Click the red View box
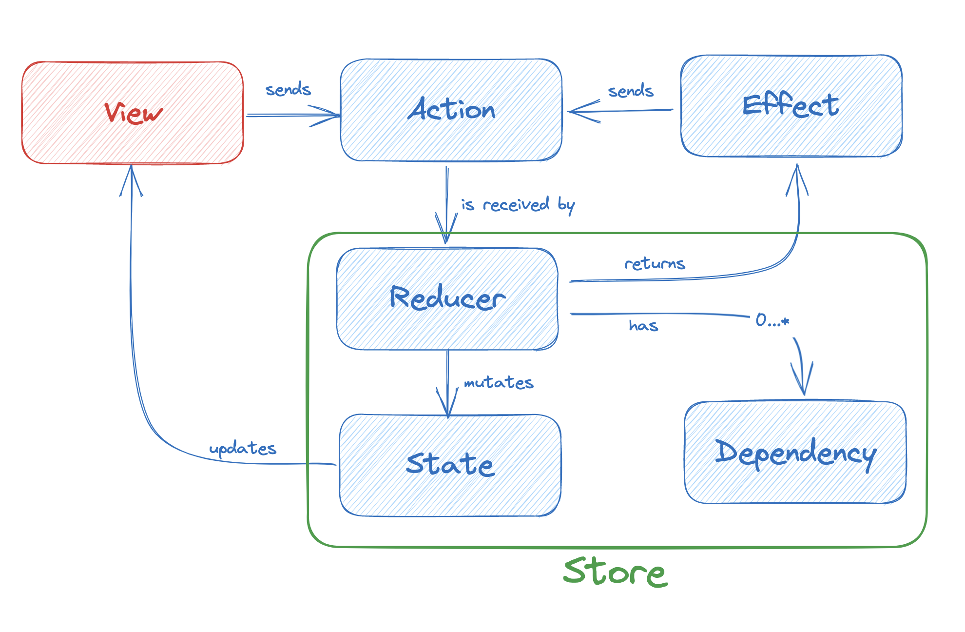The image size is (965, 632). [x=133, y=113]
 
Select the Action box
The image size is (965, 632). [x=451, y=110]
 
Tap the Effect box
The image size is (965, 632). [x=791, y=106]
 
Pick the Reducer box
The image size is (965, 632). [x=447, y=298]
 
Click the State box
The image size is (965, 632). [x=450, y=465]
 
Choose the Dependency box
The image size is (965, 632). [x=795, y=453]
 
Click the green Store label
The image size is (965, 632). [x=615, y=572]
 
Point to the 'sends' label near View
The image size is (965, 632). [x=288, y=90]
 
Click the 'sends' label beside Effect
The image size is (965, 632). [x=631, y=91]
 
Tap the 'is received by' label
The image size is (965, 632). [x=518, y=205]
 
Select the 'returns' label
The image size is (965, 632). [x=655, y=264]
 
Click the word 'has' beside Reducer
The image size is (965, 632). [x=643, y=325]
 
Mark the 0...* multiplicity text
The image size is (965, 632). [x=772, y=320]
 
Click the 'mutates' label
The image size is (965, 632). [x=499, y=382]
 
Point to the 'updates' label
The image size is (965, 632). [x=243, y=448]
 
